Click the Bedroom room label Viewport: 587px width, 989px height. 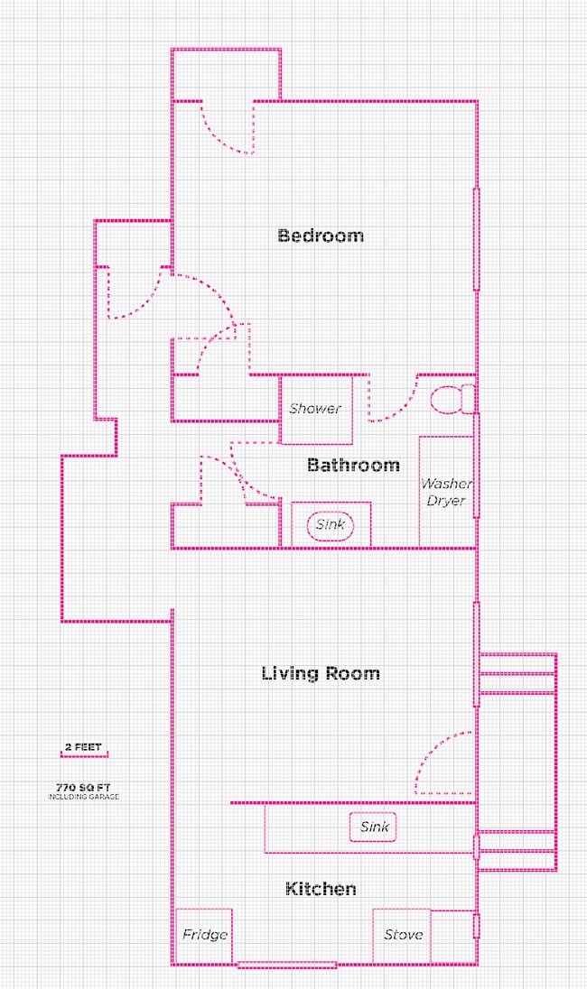pos(321,236)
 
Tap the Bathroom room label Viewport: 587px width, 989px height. pos(353,466)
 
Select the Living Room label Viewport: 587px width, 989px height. pos(321,673)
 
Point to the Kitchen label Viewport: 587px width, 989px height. pos(321,889)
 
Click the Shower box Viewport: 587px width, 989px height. pos(315,409)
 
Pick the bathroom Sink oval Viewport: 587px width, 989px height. pos(331,524)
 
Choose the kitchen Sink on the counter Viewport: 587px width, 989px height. pos(374,827)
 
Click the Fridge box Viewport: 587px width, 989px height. pos(204,935)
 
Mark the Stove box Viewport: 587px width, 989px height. pos(403,935)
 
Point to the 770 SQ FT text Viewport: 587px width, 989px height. pos(83,787)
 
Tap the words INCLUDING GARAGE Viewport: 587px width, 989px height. pos(83,798)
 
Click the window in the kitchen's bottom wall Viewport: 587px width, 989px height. pos(286,966)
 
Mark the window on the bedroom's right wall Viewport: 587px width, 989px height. pos(476,239)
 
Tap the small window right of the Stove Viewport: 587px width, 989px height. pos(476,927)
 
